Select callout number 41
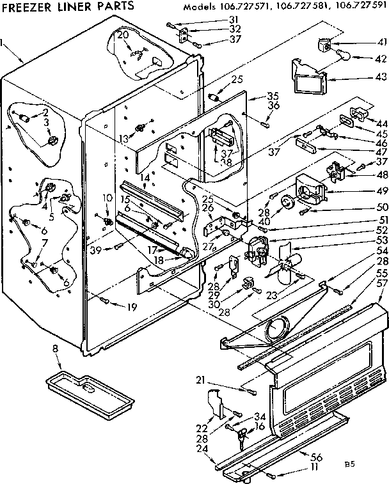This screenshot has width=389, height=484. (383, 42)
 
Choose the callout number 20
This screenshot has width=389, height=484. (122, 35)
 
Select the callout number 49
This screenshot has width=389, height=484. (383, 191)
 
